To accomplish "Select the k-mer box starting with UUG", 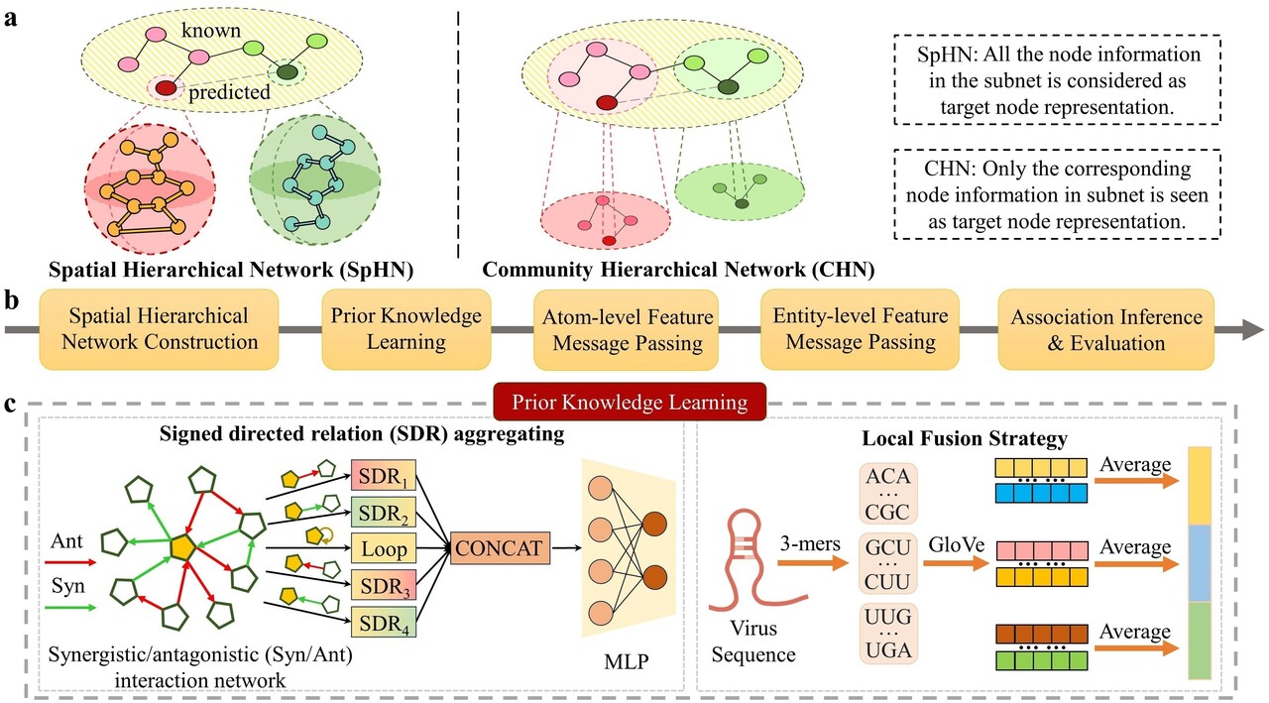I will coord(887,634).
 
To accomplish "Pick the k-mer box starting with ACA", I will coord(887,492).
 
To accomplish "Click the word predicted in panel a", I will coord(229,92).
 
